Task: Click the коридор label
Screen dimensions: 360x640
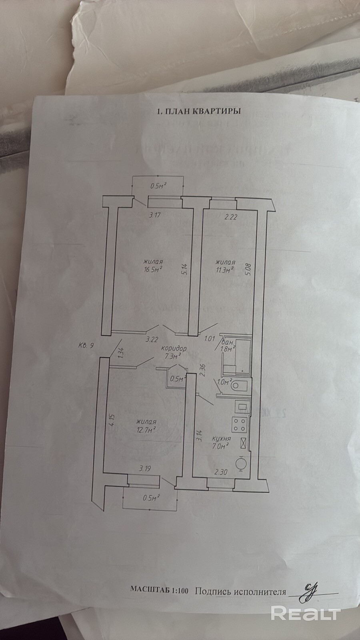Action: (x=174, y=348)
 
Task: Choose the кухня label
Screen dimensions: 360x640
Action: (x=221, y=438)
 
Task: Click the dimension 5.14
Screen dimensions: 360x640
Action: (x=186, y=269)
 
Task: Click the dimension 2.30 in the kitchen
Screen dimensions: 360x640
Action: (x=221, y=472)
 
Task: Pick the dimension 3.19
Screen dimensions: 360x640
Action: (x=146, y=468)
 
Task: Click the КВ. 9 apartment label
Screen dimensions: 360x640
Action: (x=86, y=346)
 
